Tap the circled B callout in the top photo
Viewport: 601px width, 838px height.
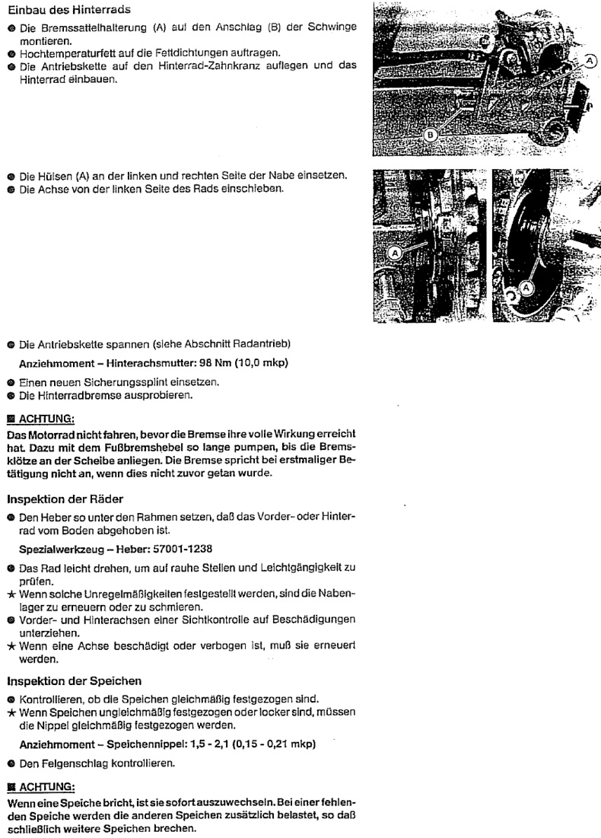pyautogui.click(x=431, y=135)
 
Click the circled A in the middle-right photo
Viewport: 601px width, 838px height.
pyautogui.click(x=525, y=287)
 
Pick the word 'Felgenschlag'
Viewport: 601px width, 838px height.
pyautogui.click(x=69, y=761)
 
